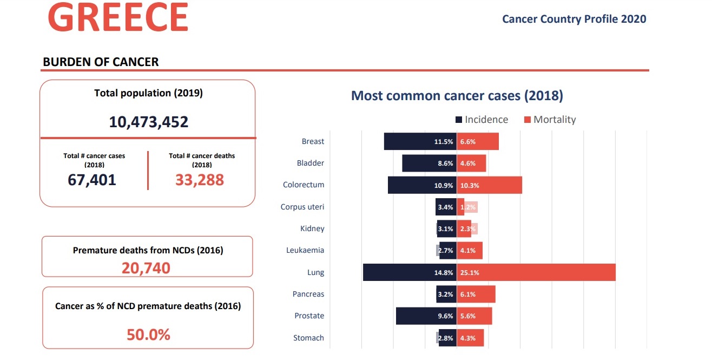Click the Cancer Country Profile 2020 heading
pyautogui.click(x=574, y=19)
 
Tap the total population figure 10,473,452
pyautogui.click(x=149, y=122)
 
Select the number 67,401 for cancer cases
pyautogui.click(x=92, y=180)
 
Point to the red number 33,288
pyautogui.click(x=200, y=180)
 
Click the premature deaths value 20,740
pyautogui.click(x=146, y=267)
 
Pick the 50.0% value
pyautogui.click(x=148, y=335)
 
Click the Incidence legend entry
pyautogui.click(x=482, y=120)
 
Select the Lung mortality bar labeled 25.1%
pyautogui.click(x=536, y=272)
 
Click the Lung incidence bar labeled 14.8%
pyautogui.click(x=410, y=272)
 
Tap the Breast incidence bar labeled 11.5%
pyautogui.click(x=420, y=142)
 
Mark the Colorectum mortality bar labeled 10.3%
pyautogui.click(x=490, y=185)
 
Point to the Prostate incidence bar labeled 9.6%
pyautogui.click(x=426, y=316)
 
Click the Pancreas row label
pyautogui.click(x=308, y=294)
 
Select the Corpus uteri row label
pyautogui.click(x=302, y=207)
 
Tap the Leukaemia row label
pyautogui.click(x=305, y=250)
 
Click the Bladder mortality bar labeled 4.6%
pyautogui.click(x=471, y=163)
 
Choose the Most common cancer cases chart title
pyautogui.click(x=457, y=96)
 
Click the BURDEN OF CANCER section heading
pyautogui.click(x=101, y=62)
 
